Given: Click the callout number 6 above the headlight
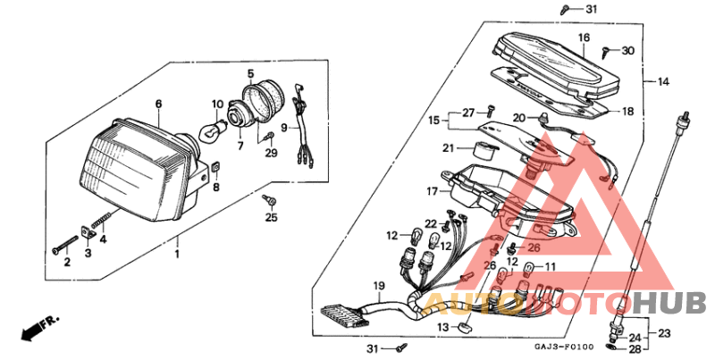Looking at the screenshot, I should tap(158, 105).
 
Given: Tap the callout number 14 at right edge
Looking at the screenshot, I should tap(662, 82).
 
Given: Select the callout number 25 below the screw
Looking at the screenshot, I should tap(271, 217).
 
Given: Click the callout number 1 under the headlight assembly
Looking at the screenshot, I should tap(176, 255).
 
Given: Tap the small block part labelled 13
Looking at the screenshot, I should tap(464, 327).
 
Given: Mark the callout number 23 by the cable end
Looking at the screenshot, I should tap(663, 332).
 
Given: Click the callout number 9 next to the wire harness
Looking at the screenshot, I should tap(284, 128).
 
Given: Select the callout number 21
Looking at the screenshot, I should tap(450, 147).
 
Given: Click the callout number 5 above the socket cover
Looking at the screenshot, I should tap(250, 72).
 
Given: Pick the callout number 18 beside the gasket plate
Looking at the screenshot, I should tap(627, 112).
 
